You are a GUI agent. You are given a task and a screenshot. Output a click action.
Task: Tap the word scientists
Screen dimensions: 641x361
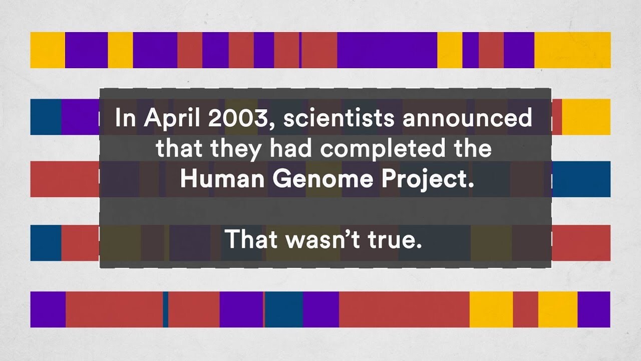(339, 117)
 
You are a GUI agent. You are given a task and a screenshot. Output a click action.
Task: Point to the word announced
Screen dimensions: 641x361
(467, 117)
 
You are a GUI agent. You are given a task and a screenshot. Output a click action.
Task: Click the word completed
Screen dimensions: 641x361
(383, 149)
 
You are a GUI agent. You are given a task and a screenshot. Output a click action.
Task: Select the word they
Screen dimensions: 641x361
(236, 149)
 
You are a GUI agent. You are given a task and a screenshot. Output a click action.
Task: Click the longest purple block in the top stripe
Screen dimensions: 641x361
(387, 50)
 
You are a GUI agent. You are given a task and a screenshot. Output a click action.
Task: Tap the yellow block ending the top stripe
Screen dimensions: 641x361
(572, 50)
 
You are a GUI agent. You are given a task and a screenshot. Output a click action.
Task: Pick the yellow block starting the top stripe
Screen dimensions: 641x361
(48, 50)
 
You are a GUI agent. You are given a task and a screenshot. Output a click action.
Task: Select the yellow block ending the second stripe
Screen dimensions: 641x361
(586, 117)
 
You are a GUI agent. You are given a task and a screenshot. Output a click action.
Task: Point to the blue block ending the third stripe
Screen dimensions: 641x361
(581, 179)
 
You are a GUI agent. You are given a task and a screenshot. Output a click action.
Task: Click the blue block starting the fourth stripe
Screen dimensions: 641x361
(46, 243)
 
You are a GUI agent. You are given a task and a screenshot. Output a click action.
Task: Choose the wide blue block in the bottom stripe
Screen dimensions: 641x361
(284, 309)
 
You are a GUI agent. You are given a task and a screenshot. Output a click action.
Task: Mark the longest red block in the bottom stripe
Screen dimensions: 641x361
(404, 309)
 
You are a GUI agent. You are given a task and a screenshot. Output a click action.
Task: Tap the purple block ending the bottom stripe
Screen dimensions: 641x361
(594, 309)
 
